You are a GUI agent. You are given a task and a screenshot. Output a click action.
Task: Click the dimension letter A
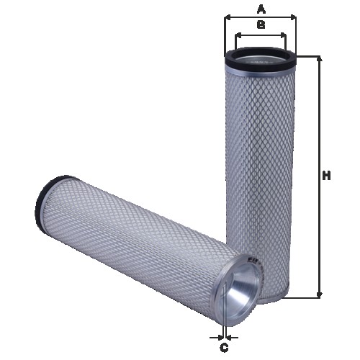click(x=261, y=9)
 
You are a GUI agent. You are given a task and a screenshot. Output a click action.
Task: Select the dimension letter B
click(x=261, y=24)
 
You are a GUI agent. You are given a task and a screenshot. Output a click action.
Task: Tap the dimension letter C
click(x=224, y=348)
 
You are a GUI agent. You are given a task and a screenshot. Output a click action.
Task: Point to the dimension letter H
click(x=326, y=176)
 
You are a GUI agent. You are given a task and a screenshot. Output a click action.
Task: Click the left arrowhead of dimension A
click(x=228, y=17)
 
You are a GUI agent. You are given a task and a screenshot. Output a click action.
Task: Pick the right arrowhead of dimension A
click(x=294, y=17)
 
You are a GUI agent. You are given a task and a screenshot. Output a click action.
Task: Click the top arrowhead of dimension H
click(x=318, y=58)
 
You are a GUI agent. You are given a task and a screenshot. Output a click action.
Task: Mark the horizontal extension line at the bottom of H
click(x=306, y=297)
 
